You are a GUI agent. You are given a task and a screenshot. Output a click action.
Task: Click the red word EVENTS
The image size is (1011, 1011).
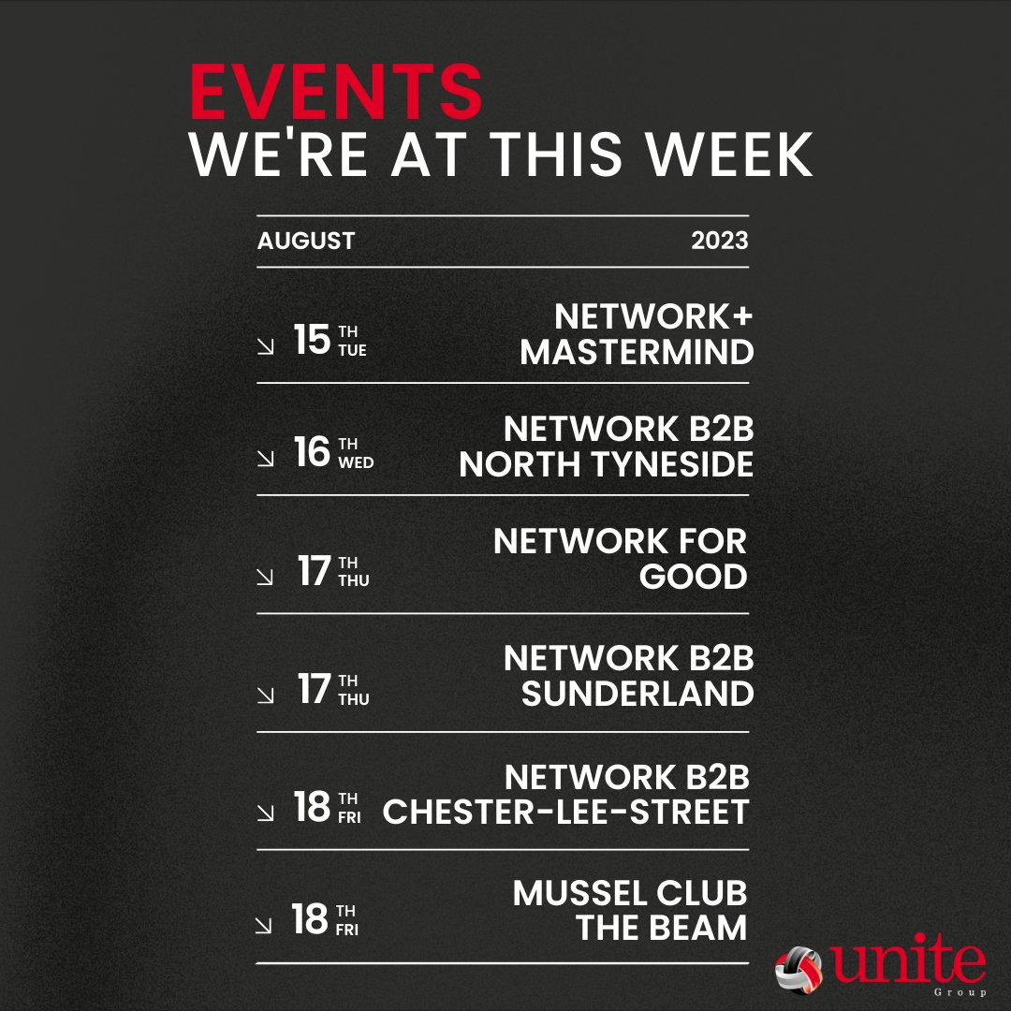[336, 94]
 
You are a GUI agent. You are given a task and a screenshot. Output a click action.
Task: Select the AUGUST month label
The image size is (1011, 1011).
[306, 241]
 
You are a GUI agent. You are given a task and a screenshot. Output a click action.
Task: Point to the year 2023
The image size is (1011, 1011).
[720, 241]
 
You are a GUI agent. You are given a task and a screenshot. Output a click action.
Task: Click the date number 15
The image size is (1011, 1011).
[311, 341]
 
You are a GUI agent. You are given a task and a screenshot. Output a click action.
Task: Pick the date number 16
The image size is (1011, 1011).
[312, 453]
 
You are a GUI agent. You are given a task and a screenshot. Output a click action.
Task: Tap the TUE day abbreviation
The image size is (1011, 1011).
[353, 350]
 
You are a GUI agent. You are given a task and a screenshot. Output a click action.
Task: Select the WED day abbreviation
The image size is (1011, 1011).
[356, 462]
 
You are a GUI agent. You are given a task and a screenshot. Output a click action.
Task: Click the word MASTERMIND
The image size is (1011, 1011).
[637, 353]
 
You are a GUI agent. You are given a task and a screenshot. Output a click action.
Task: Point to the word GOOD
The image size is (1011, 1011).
[693, 577]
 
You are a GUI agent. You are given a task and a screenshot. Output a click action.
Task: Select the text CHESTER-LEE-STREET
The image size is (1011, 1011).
[566, 812]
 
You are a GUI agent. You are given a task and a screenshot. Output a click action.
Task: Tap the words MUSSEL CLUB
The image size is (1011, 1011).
[630, 893]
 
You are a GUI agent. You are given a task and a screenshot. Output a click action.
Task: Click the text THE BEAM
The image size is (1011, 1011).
[662, 928]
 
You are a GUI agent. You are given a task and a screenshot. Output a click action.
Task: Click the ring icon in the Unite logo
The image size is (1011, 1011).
[798, 967]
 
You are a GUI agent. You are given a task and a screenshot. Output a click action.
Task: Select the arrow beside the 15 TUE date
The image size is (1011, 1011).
[266, 346]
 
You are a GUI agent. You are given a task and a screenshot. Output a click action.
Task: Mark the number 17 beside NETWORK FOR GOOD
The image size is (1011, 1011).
[315, 571]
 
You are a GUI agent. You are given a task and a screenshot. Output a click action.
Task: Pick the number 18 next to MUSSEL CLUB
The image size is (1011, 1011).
[310, 920]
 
